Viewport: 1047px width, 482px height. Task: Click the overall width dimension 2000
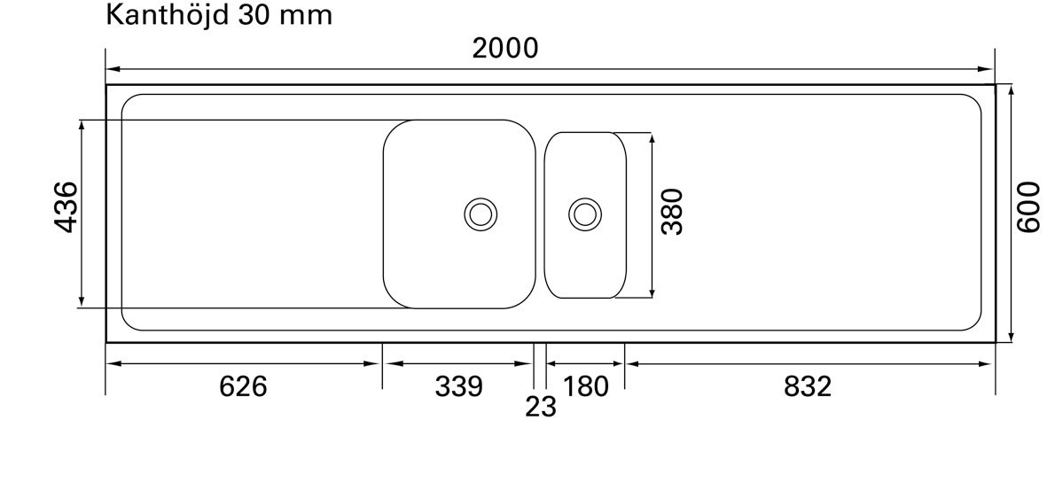coord(504,48)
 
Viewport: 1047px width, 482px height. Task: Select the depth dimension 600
coord(1027,207)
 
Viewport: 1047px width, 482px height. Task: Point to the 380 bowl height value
coord(673,211)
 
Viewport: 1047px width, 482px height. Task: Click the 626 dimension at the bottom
coord(243,386)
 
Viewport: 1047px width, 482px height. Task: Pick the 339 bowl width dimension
coord(458,386)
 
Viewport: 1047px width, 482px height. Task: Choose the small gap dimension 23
coord(540,407)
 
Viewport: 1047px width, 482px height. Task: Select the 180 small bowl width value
coord(586,386)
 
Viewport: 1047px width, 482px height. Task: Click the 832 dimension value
coord(808,386)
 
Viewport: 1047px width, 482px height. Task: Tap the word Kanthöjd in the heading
coord(165,15)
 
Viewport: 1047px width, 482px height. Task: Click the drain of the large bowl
coord(481,214)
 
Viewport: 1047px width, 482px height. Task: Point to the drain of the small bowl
coord(585,214)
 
